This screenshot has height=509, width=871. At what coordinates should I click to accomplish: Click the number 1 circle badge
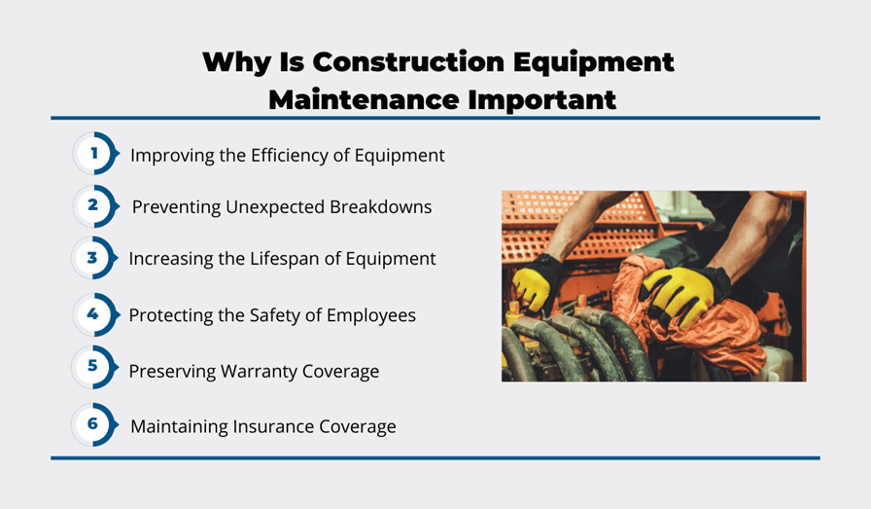coord(95,153)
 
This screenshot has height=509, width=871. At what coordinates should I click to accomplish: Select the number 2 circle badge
coord(95,205)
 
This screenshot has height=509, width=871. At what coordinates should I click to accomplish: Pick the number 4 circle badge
coord(95,314)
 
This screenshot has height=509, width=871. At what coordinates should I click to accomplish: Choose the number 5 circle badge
coord(94,367)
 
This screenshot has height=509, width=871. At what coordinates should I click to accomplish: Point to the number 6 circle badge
coord(94,424)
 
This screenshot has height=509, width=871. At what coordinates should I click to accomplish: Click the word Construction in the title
coord(408,61)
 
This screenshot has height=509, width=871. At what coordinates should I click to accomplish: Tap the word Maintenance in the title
coord(364,100)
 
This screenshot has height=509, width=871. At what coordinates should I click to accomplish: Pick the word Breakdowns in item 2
coord(380,206)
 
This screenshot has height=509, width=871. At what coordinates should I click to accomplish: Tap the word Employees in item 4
coord(371,315)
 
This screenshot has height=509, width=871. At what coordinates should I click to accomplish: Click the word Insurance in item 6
coord(273,426)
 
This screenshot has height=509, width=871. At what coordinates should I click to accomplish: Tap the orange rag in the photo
coord(694,323)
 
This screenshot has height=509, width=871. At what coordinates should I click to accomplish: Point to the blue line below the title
coord(435,118)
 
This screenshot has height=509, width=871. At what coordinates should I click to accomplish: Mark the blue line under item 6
coord(435,457)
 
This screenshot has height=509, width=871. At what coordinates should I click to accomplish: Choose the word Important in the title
coord(542,100)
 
